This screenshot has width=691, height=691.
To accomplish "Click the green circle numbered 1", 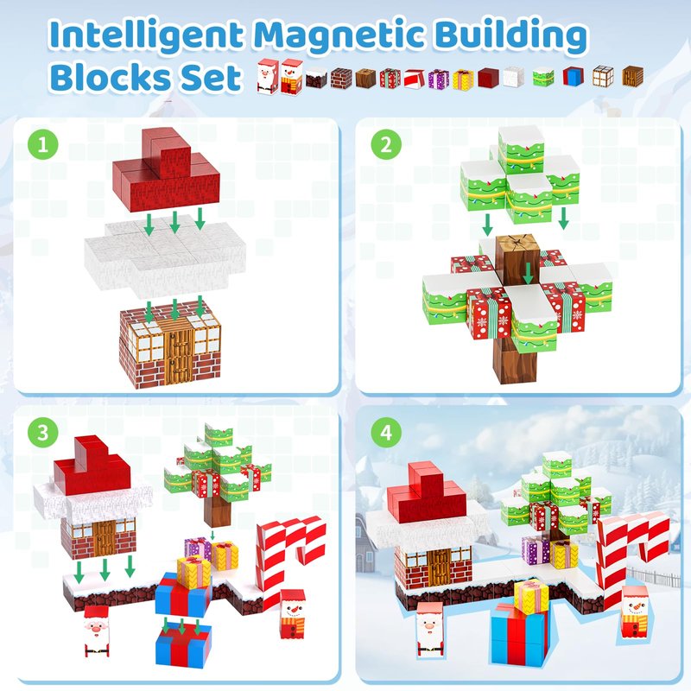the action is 42,144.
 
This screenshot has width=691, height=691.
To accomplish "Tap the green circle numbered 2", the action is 386,144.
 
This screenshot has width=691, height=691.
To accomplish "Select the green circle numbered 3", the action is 42,433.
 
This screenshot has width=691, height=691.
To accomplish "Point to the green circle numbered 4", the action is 386,433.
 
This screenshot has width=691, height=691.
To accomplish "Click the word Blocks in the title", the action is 112,77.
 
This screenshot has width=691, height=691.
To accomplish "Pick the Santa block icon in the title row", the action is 268,77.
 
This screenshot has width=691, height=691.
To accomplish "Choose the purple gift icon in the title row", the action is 439,79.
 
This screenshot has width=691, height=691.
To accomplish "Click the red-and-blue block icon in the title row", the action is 573,76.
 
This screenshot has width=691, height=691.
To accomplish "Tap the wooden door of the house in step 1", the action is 179,352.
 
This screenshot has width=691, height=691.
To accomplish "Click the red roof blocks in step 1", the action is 166,169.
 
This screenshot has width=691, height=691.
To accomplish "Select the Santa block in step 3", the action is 96,631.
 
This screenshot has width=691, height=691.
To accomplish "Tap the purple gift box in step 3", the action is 198,549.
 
